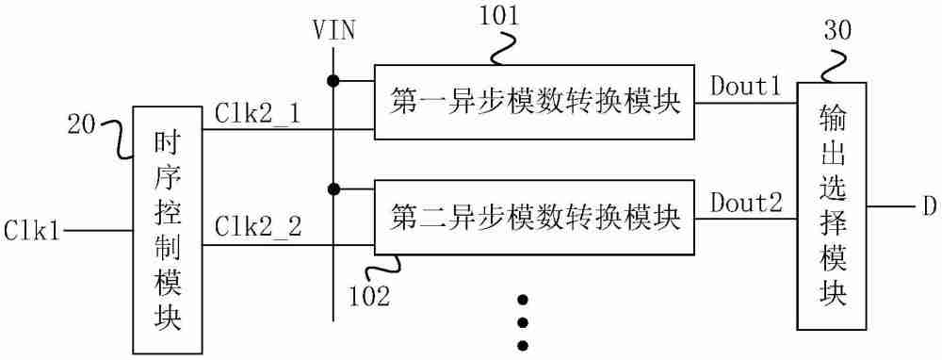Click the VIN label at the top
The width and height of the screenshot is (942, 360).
pyautogui.click(x=333, y=30)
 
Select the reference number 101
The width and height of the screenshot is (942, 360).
pyautogui.click(x=498, y=14)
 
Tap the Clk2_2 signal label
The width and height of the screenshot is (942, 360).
pyautogui.click(x=257, y=226)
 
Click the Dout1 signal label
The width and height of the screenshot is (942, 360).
pyautogui.click(x=745, y=89)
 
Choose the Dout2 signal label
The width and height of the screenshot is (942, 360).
pyautogui.click(x=745, y=203)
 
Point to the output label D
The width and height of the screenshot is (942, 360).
pyautogui.click(x=928, y=206)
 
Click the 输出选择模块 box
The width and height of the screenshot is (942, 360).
pyautogui.click(x=832, y=205)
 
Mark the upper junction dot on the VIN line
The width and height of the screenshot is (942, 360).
pyautogui.click(x=333, y=79)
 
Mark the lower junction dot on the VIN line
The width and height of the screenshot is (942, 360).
pyautogui.click(x=333, y=189)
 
